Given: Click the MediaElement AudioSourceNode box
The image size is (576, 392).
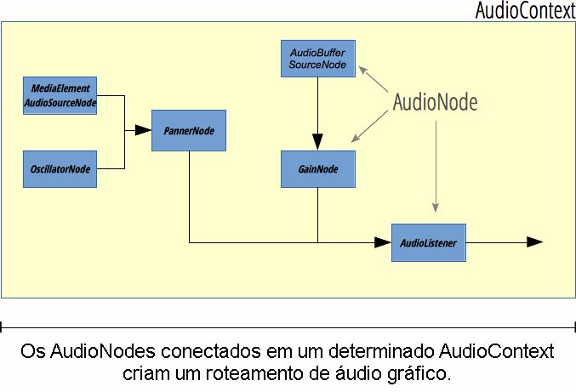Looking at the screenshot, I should [60, 95].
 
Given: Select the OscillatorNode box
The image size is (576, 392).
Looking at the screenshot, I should [60, 169].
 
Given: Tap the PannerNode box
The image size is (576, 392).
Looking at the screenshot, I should [189, 131].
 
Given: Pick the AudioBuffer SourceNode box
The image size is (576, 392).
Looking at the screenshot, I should [317, 59].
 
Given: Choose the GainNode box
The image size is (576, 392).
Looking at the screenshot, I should [317, 169].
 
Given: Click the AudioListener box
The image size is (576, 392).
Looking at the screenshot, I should [429, 243].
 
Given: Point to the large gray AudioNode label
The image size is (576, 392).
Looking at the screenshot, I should [435, 102].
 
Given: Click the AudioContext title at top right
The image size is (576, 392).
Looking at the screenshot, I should [524, 11].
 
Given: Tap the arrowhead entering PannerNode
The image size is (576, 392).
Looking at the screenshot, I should [144, 131].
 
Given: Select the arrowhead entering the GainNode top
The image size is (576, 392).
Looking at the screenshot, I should [317, 142].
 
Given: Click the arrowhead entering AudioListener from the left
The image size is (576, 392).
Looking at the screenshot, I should [382, 243].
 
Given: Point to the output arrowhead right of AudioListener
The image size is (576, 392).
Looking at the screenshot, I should [534, 242].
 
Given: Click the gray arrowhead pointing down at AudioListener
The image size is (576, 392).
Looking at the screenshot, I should [436, 208].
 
